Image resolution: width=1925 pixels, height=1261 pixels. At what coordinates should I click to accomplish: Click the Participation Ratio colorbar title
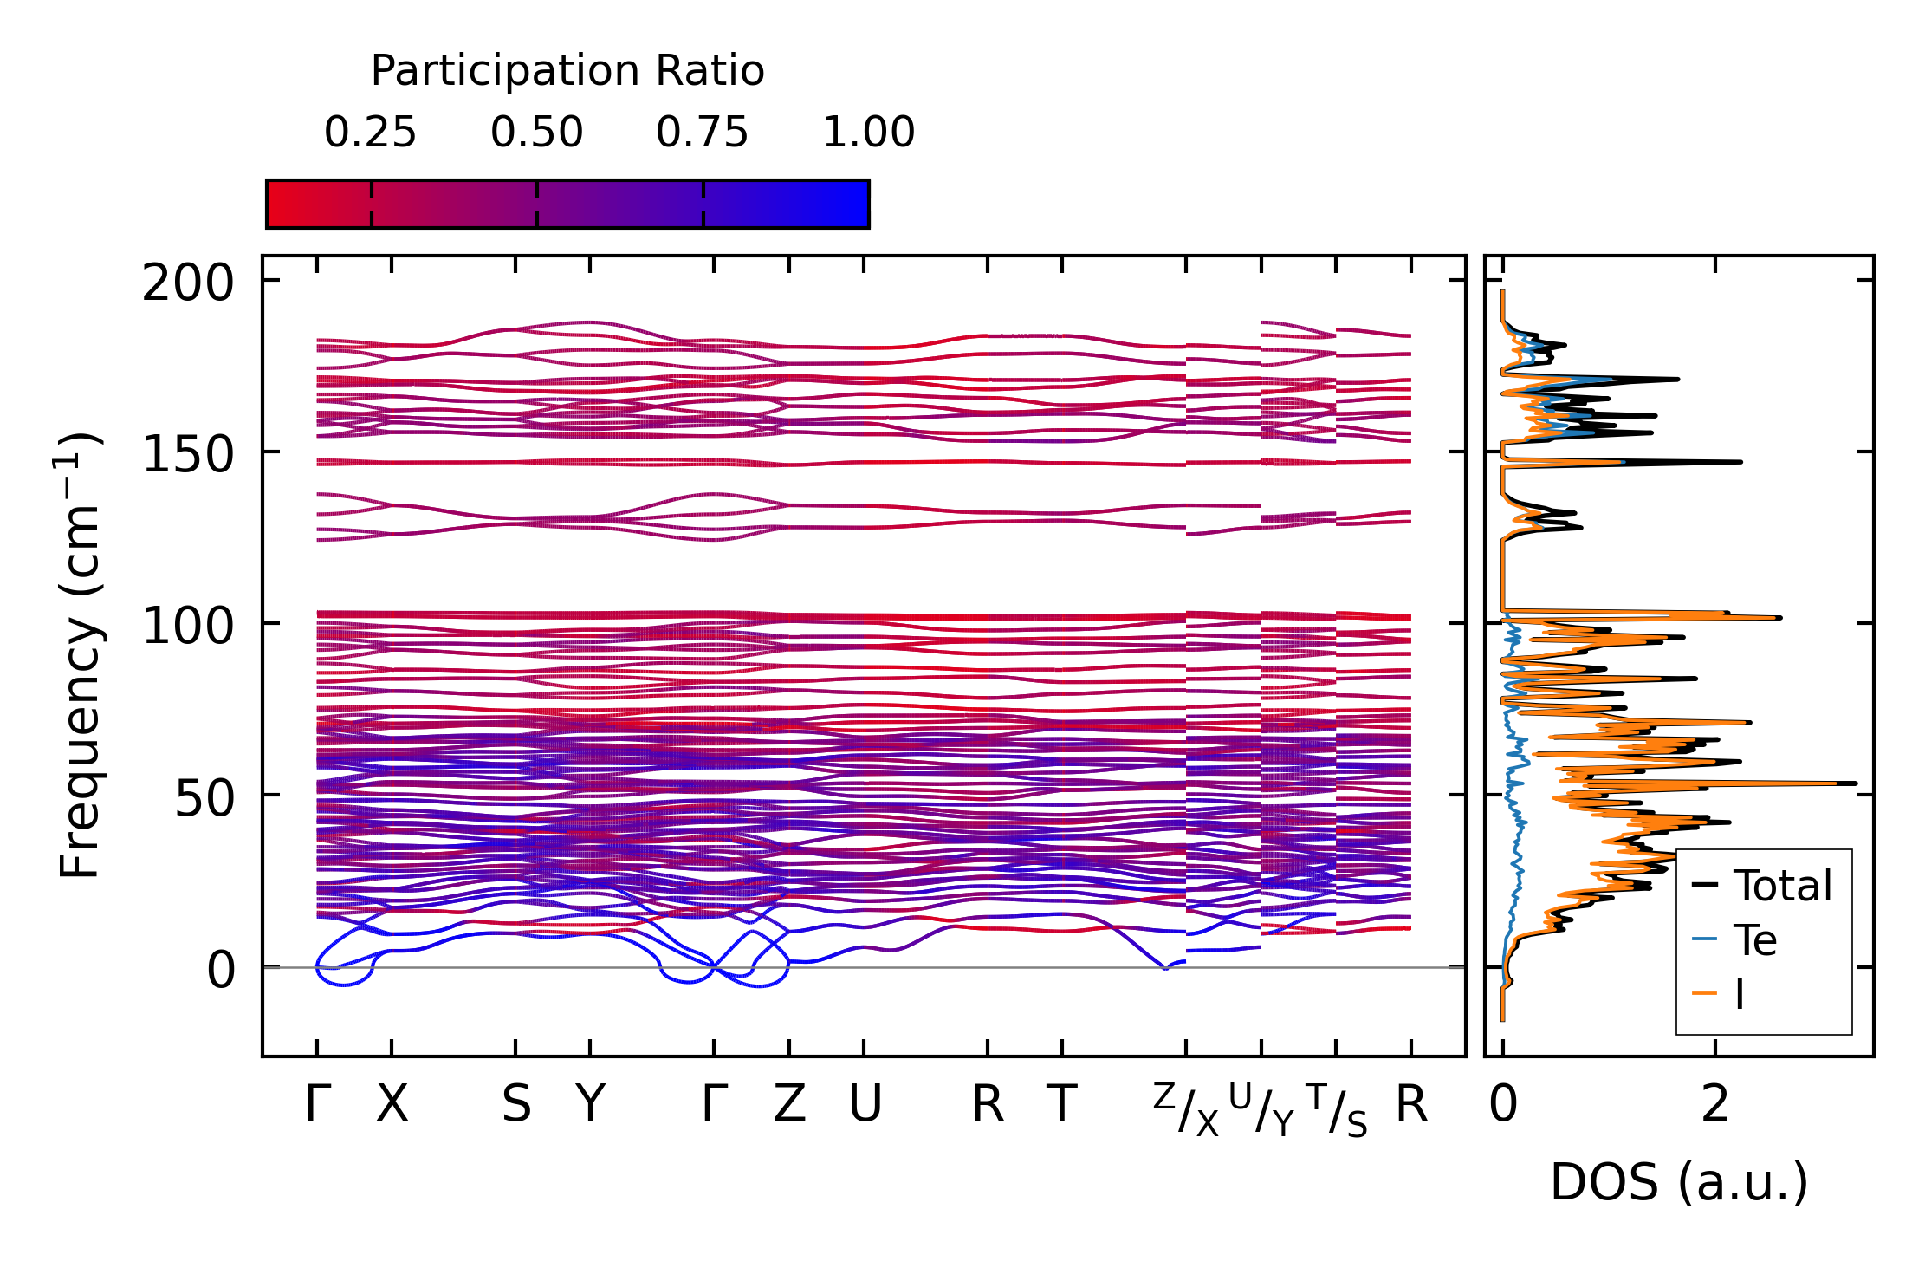[x=567, y=71]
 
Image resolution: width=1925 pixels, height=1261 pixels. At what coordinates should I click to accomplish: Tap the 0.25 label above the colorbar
[x=370, y=133]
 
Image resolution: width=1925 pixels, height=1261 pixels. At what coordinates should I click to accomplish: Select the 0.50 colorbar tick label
[x=536, y=133]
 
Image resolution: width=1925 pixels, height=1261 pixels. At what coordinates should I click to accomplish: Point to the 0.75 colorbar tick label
[x=702, y=133]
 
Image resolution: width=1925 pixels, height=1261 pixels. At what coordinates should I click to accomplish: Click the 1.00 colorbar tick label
[x=868, y=133]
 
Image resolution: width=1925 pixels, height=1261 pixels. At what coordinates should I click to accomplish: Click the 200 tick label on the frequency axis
[x=188, y=283]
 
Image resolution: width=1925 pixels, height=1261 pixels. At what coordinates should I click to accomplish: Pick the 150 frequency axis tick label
[x=188, y=454]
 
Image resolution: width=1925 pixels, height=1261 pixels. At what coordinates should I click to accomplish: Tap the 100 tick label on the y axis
[x=188, y=626]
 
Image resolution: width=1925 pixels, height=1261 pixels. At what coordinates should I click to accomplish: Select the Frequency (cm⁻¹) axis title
[x=81, y=655]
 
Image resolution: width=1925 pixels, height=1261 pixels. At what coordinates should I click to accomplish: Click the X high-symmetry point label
[x=392, y=1104]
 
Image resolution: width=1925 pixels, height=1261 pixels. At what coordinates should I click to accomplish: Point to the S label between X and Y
[x=516, y=1104]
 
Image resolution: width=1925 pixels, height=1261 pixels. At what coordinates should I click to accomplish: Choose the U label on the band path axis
[x=865, y=1104]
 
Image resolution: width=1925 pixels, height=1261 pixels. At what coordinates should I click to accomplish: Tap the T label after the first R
[x=1062, y=1104]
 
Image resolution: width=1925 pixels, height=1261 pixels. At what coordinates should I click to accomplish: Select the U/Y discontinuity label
[x=1261, y=1110]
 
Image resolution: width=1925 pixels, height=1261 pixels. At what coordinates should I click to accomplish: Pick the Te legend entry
[x=1754, y=940]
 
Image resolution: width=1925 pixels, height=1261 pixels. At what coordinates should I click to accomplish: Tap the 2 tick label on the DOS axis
[x=1714, y=1104]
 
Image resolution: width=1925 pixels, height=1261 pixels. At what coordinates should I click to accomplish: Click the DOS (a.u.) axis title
[x=1679, y=1182]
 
